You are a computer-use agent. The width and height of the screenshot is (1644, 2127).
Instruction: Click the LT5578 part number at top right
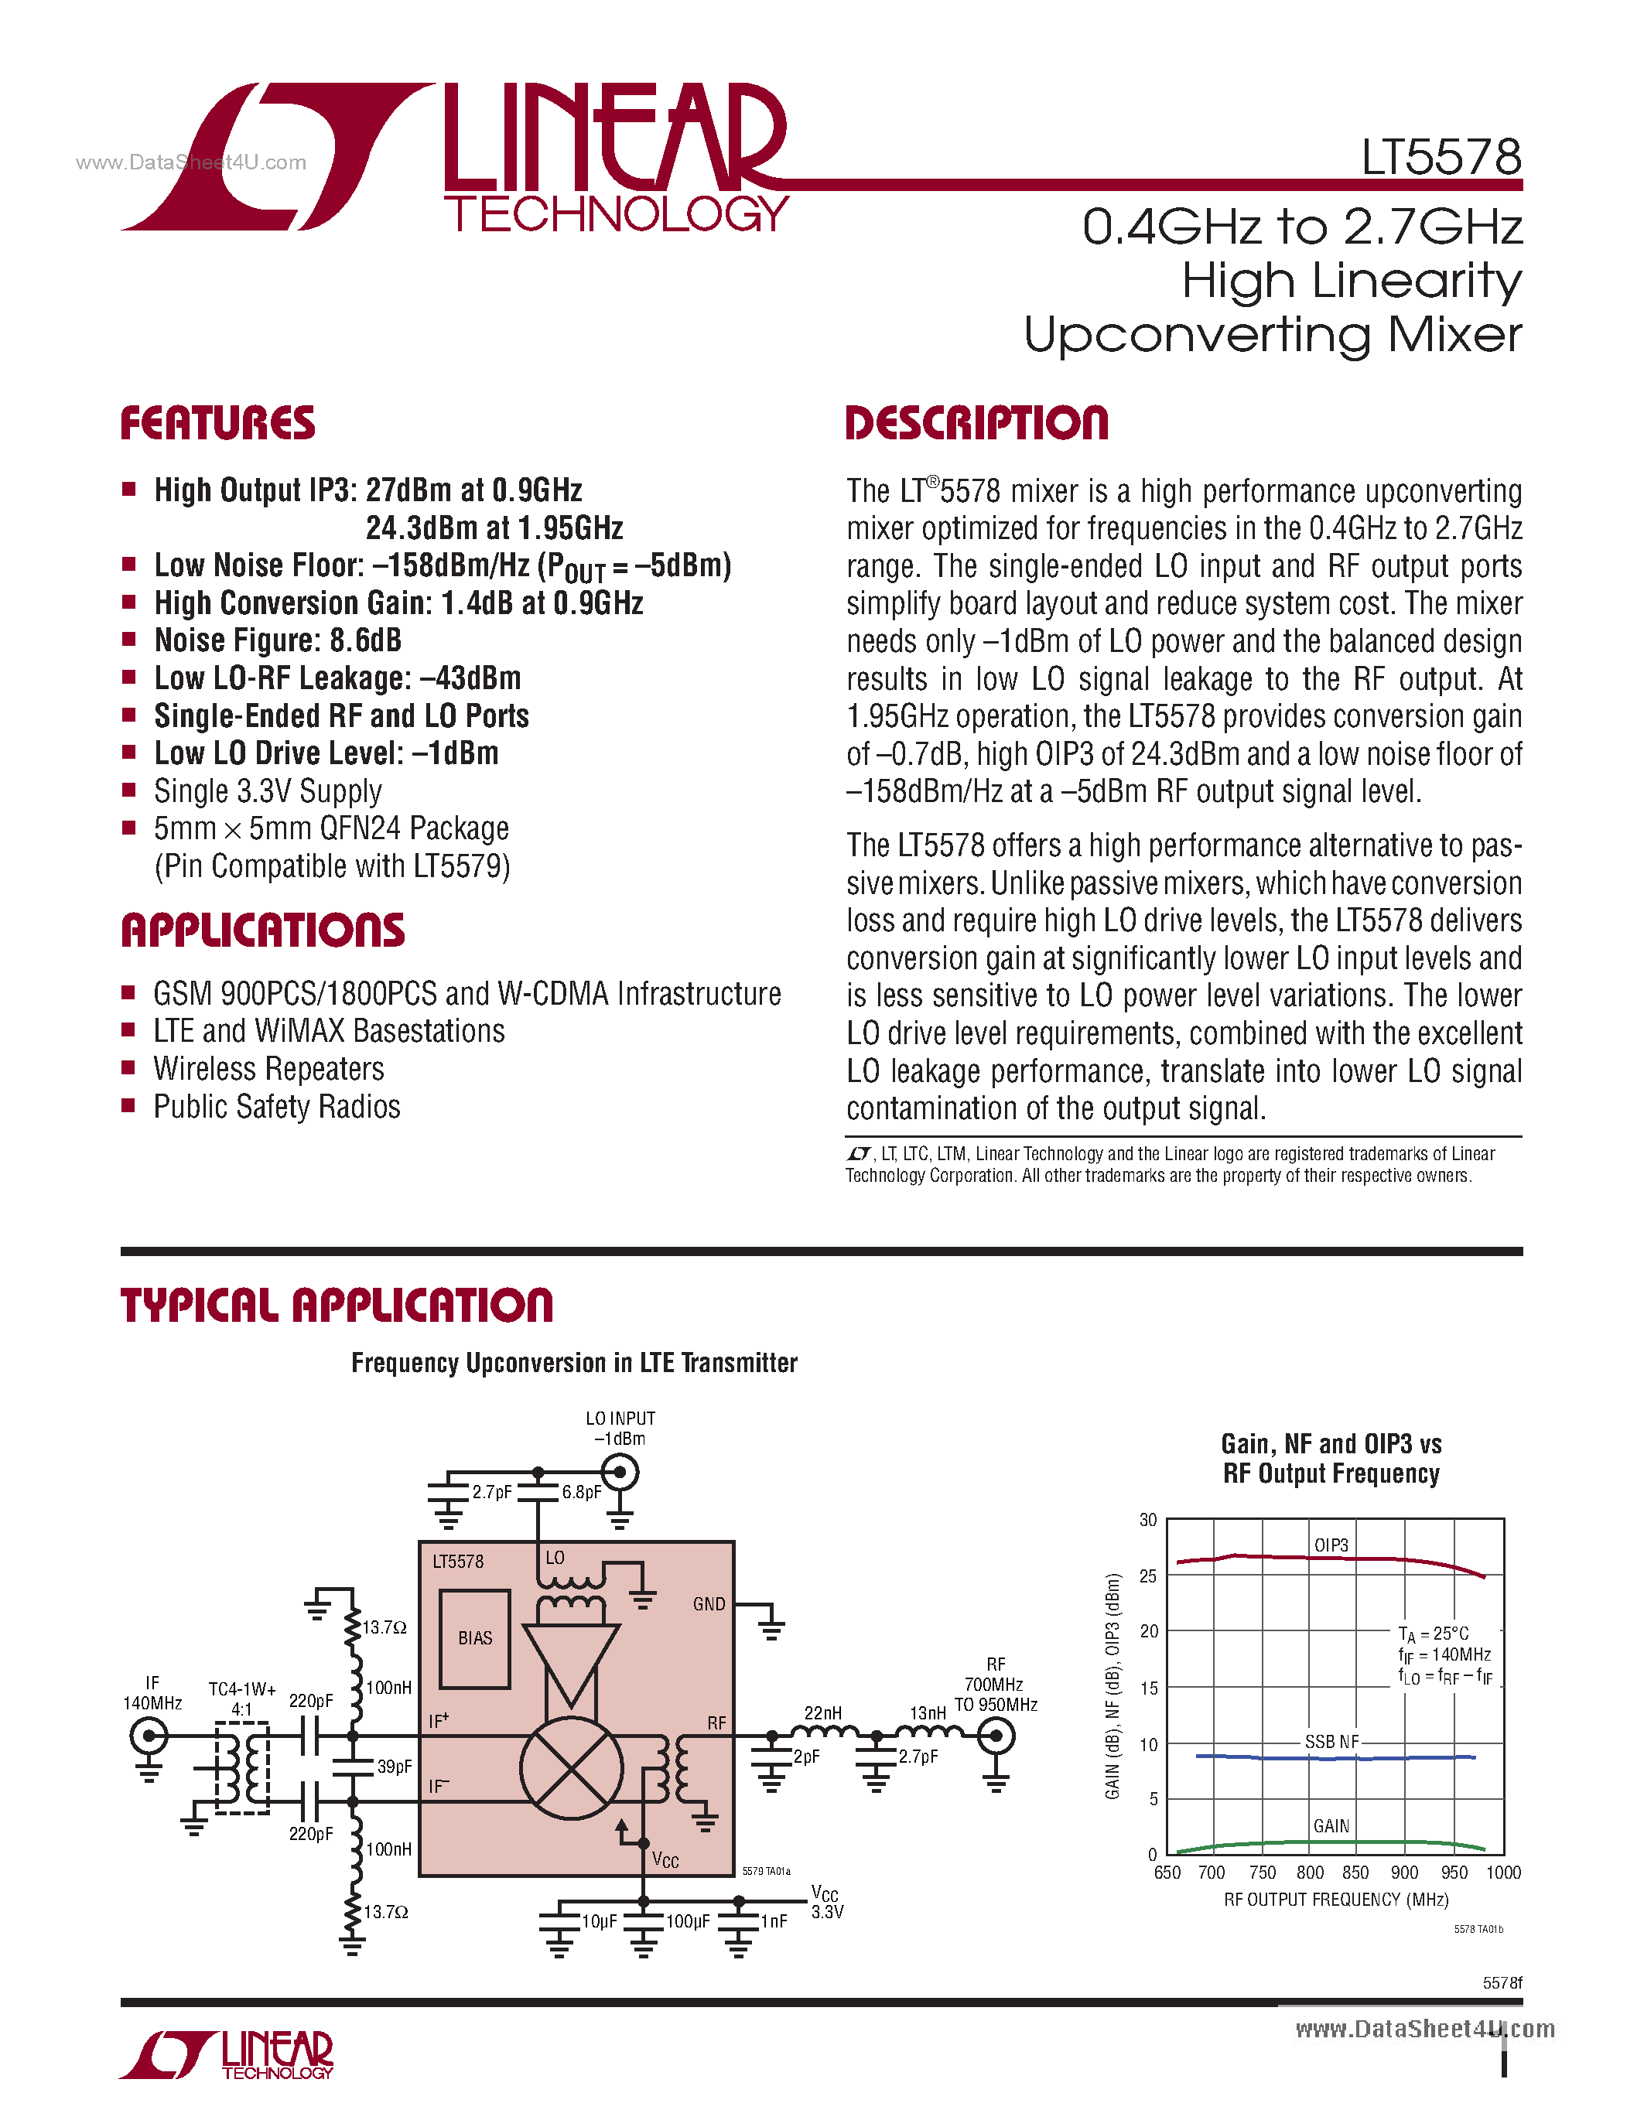tap(1441, 158)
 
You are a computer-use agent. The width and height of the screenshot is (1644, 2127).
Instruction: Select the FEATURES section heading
tap(218, 424)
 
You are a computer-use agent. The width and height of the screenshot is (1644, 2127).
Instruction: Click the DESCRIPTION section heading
tap(977, 424)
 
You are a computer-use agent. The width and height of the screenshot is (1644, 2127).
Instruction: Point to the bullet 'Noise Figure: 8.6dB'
tap(278, 641)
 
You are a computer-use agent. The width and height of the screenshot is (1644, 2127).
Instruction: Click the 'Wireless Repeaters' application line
tap(268, 1070)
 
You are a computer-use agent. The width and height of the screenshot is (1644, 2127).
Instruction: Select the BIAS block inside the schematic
tap(475, 1638)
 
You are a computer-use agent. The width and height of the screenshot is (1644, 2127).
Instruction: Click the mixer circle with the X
tap(572, 1767)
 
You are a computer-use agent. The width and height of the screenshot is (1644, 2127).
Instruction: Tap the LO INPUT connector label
tap(620, 1419)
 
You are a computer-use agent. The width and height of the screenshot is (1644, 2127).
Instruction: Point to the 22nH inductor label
tap(823, 1712)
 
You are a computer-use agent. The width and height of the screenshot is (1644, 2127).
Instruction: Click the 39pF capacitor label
tap(395, 1767)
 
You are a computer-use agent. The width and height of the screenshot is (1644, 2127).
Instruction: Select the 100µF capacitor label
tap(689, 1921)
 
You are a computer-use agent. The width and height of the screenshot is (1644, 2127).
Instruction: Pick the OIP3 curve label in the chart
tap(1331, 1545)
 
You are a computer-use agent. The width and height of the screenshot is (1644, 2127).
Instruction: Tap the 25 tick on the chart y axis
tap(1149, 1576)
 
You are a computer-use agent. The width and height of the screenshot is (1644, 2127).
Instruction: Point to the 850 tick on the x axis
tap(1355, 1873)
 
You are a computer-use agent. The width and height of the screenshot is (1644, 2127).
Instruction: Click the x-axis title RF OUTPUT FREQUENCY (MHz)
tap(1335, 1900)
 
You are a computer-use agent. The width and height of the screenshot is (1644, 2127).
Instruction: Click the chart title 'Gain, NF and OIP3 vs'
tap(1331, 1443)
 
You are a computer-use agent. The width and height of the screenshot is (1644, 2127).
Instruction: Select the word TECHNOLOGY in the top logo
tap(617, 214)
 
